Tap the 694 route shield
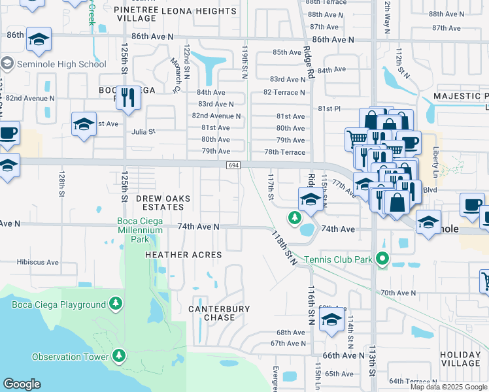pos(233,165)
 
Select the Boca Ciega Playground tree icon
pos(116,303)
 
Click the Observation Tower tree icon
pos(118,356)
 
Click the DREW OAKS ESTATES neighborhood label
pos(163,203)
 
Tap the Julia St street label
pos(143,131)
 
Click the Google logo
pos(22,384)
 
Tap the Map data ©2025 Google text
pos(448,387)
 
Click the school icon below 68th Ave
pos(331,321)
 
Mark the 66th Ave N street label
pos(343,355)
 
